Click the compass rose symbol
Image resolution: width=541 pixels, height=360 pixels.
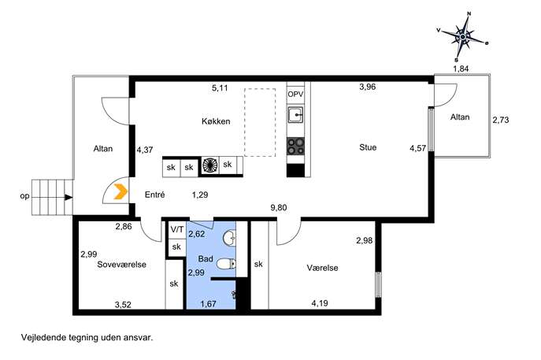[x=463, y=36]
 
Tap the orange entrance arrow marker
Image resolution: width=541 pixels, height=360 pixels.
[x=120, y=192]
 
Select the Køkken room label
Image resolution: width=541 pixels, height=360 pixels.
[x=216, y=121]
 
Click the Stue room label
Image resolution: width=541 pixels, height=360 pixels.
[x=368, y=147]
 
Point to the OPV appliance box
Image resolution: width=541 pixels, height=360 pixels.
[x=295, y=94]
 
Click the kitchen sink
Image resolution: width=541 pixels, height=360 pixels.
[x=295, y=115]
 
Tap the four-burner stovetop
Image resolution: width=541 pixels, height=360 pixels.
[x=295, y=146]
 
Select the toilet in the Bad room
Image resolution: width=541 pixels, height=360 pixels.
[x=227, y=265]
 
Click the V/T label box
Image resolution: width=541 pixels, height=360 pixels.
[x=177, y=229]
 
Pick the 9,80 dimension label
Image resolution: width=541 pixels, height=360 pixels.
[x=279, y=207]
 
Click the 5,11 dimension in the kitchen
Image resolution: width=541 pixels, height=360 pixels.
[x=220, y=88]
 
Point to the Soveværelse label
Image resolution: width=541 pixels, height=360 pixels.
[x=122, y=265]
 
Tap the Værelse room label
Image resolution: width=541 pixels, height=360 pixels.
[x=322, y=268]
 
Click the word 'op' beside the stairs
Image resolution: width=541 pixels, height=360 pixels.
[x=24, y=196]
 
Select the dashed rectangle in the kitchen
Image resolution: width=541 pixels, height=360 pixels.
[x=260, y=123]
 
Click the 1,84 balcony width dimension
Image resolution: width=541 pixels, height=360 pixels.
[x=461, y=69]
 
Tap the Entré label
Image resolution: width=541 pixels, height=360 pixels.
[x=154, y=195]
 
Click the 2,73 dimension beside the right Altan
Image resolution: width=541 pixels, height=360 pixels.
[x=501, y=120]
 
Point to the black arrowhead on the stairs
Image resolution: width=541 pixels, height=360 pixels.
[x=69, y=198]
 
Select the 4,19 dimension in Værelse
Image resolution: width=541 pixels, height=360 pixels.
[x=320, y=303]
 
